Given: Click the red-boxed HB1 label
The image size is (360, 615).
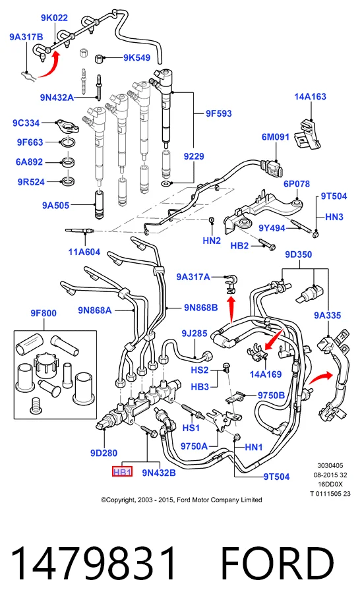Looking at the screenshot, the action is click(122, 472).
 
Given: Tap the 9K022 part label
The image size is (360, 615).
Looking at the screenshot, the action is click(54, 18).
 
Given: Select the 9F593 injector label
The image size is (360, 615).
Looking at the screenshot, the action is click(219, 113).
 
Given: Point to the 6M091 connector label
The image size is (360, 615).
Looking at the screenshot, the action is click(276, 137).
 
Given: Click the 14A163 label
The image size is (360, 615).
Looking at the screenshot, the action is click(310, 96).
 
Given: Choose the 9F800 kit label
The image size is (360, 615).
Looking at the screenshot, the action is click(44, 313).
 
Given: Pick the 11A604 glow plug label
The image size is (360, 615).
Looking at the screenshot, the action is click(84, 252).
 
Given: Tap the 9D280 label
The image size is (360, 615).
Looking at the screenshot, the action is click(104, 453).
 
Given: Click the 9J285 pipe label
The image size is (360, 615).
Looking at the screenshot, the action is click(194, 334).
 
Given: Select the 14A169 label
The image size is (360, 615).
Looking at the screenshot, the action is click(266, 374).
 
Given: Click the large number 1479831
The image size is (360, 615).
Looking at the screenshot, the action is click(94, 563).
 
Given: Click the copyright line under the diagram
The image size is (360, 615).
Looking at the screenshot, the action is click(181, 500).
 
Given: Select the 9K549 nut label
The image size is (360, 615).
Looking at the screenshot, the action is click(137, 57).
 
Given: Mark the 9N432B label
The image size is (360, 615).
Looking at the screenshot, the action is click(159, 473).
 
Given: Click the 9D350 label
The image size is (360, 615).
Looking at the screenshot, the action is click(299, 254).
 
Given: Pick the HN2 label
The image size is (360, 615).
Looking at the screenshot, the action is click(212, 241).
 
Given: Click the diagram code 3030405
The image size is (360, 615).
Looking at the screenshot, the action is click(330, 465).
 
